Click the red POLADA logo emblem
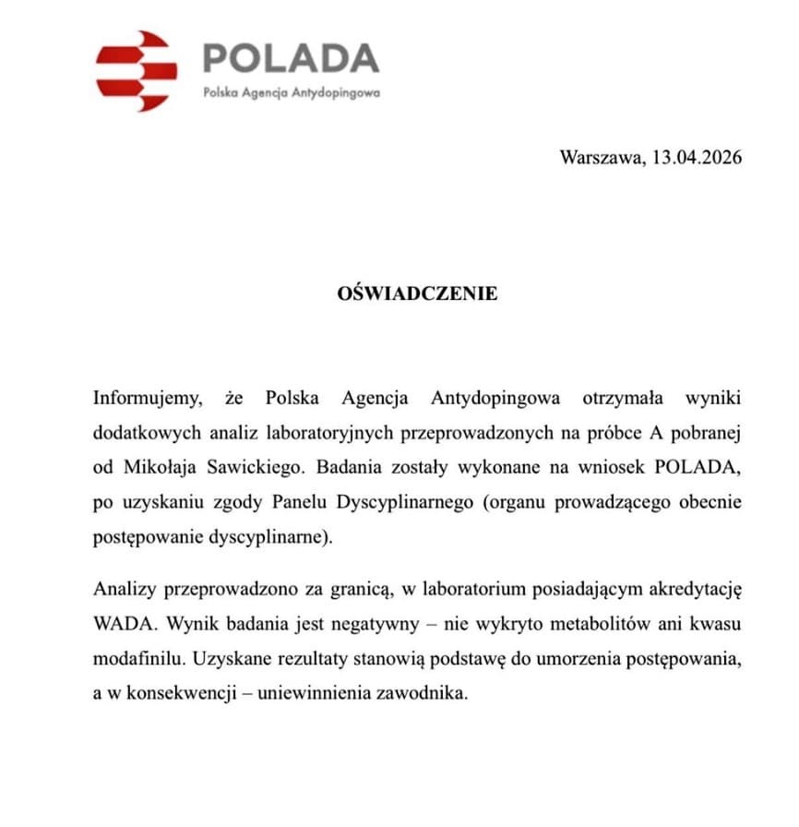tap(136, 71)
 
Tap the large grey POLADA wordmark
tap(290, 58)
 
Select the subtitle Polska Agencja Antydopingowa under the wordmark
tap(292, 92)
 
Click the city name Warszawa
tap(602, 157)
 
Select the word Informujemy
tap(146, 399)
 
